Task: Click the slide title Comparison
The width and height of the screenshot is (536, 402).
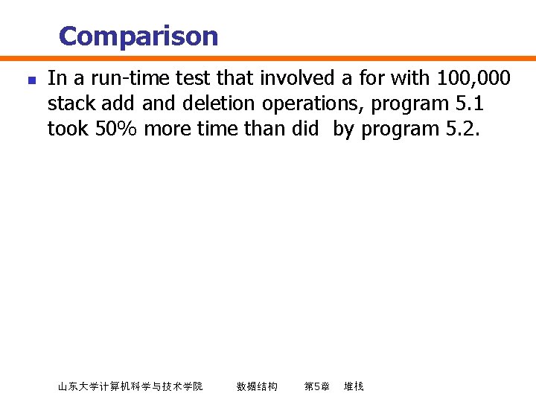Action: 138,36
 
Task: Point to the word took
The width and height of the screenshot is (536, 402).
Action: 68,128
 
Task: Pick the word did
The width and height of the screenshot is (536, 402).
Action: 304,128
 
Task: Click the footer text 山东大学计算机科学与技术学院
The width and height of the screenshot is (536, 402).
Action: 130,386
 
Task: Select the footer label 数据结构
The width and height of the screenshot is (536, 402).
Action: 257,386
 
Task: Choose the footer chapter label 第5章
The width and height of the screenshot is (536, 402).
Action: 317,386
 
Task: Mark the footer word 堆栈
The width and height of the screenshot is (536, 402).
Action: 354,386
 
